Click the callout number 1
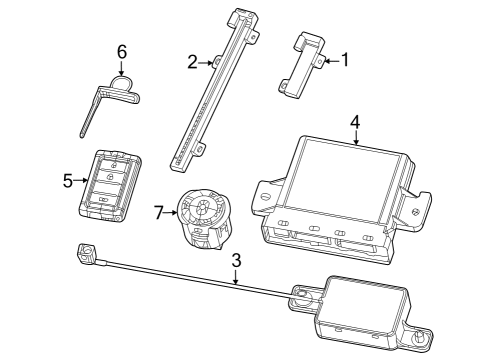point(345,60)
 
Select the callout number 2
point(193,62)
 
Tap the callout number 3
point(236,261)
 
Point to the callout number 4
point(354,123)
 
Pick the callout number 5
point(68,181)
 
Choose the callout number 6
point(122,50)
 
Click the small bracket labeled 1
point(305,64)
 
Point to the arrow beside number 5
point(82,181)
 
